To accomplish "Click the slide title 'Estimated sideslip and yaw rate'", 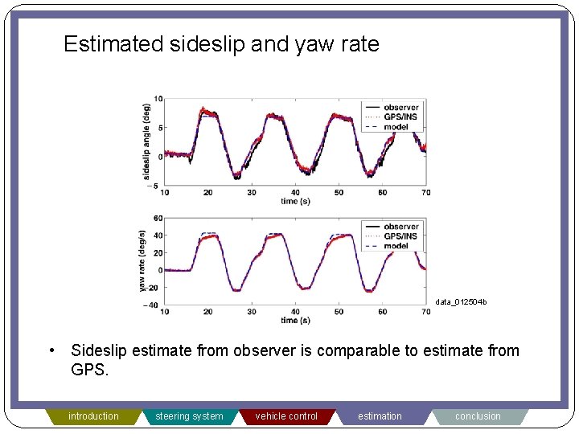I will [221, 44].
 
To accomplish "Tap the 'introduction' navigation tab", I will [93, 416].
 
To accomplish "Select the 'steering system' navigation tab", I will [189, 416].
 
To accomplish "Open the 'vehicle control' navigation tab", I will [286, 416].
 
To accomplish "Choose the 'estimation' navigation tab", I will [380, 416].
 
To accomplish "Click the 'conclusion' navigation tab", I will [478, 416].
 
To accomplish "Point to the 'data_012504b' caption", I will [462, 302].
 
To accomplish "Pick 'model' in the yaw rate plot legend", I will [396, 246].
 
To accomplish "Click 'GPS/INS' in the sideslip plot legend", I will [400, 117].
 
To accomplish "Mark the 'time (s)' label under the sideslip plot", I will [296, 201].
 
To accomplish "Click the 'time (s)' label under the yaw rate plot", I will [296, 320].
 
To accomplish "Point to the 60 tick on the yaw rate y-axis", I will [158, 218].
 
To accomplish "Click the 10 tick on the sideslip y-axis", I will [158, 99].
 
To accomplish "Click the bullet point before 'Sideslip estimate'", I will [51, 350].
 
